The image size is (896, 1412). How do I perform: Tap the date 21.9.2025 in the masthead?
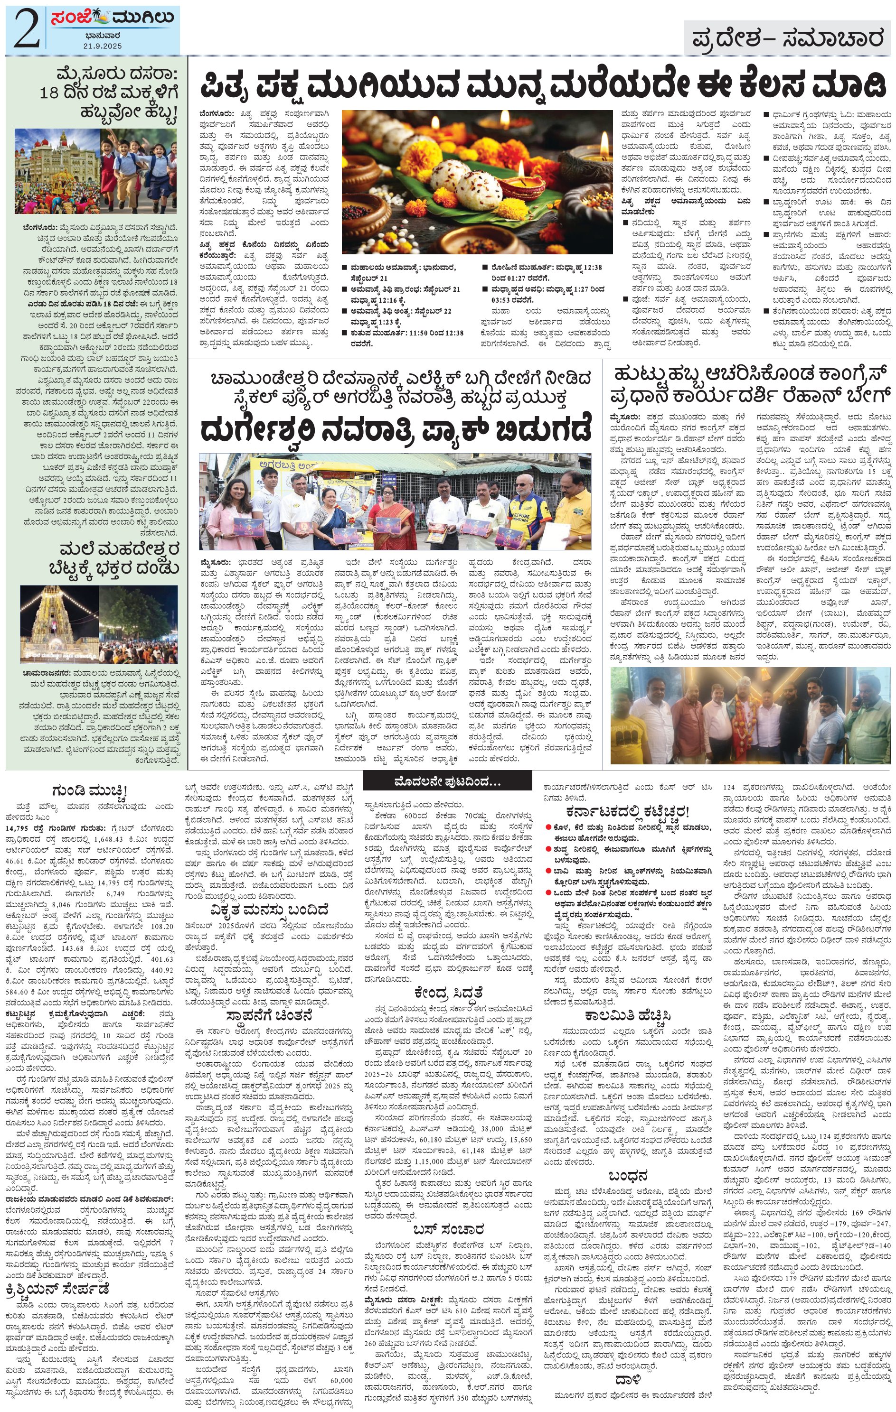point(102,46)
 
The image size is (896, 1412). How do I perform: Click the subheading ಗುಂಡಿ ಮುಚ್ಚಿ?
point(89,791)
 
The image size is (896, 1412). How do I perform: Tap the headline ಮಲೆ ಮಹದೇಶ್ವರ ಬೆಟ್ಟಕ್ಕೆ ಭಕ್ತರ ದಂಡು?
point(119,559)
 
